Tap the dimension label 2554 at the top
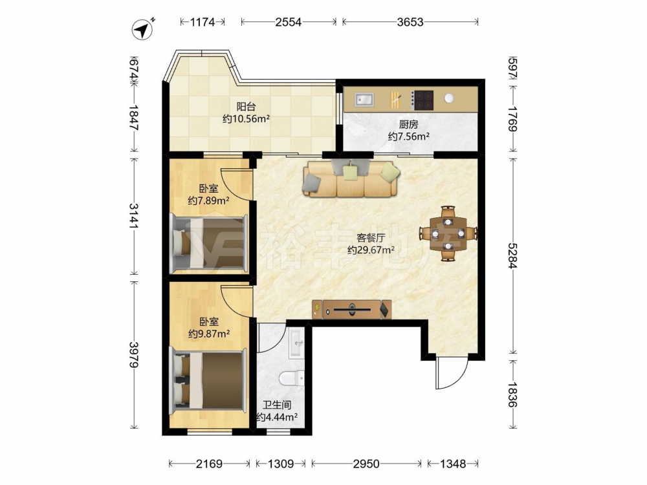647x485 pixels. pyautogui.click(x=289, y=22)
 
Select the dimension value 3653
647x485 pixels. pyautogui.click(x=410, y=22)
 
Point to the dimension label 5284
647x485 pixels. pyautogui.click(x=512, y=255)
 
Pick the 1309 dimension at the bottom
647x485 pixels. pyautogui.click(x=281, y=464)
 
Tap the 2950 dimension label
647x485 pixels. pyautogui.click(x=366, y=464)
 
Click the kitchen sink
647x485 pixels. pyautogui.click(x=364, y=100)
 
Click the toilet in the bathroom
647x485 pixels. pyautogui.click(x=292, y=378)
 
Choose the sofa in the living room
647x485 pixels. pyautogui.click(x=351, y=178)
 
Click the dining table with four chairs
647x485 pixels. pyautogui.click(x=448, y=233)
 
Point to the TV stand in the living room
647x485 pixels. pyautogui.click(x=352, y=309)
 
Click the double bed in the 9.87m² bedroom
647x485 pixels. pyautogui.click(x=208, y=380)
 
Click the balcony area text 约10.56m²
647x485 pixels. pyautogui.click(x=247, y=119)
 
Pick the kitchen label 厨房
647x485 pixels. pyautogui.click(x=408, y=124)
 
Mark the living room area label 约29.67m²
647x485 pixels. pyautogui.click(x=371, y=250)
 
